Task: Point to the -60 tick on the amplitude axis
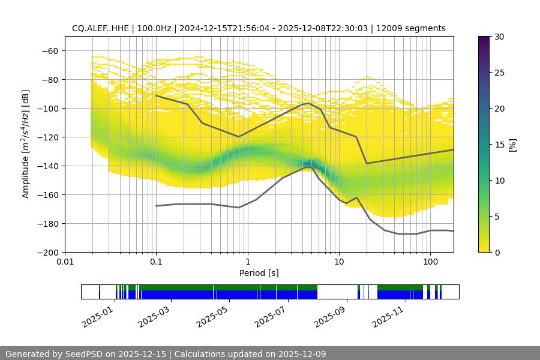click(50, 51)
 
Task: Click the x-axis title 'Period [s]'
click(259, 273)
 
